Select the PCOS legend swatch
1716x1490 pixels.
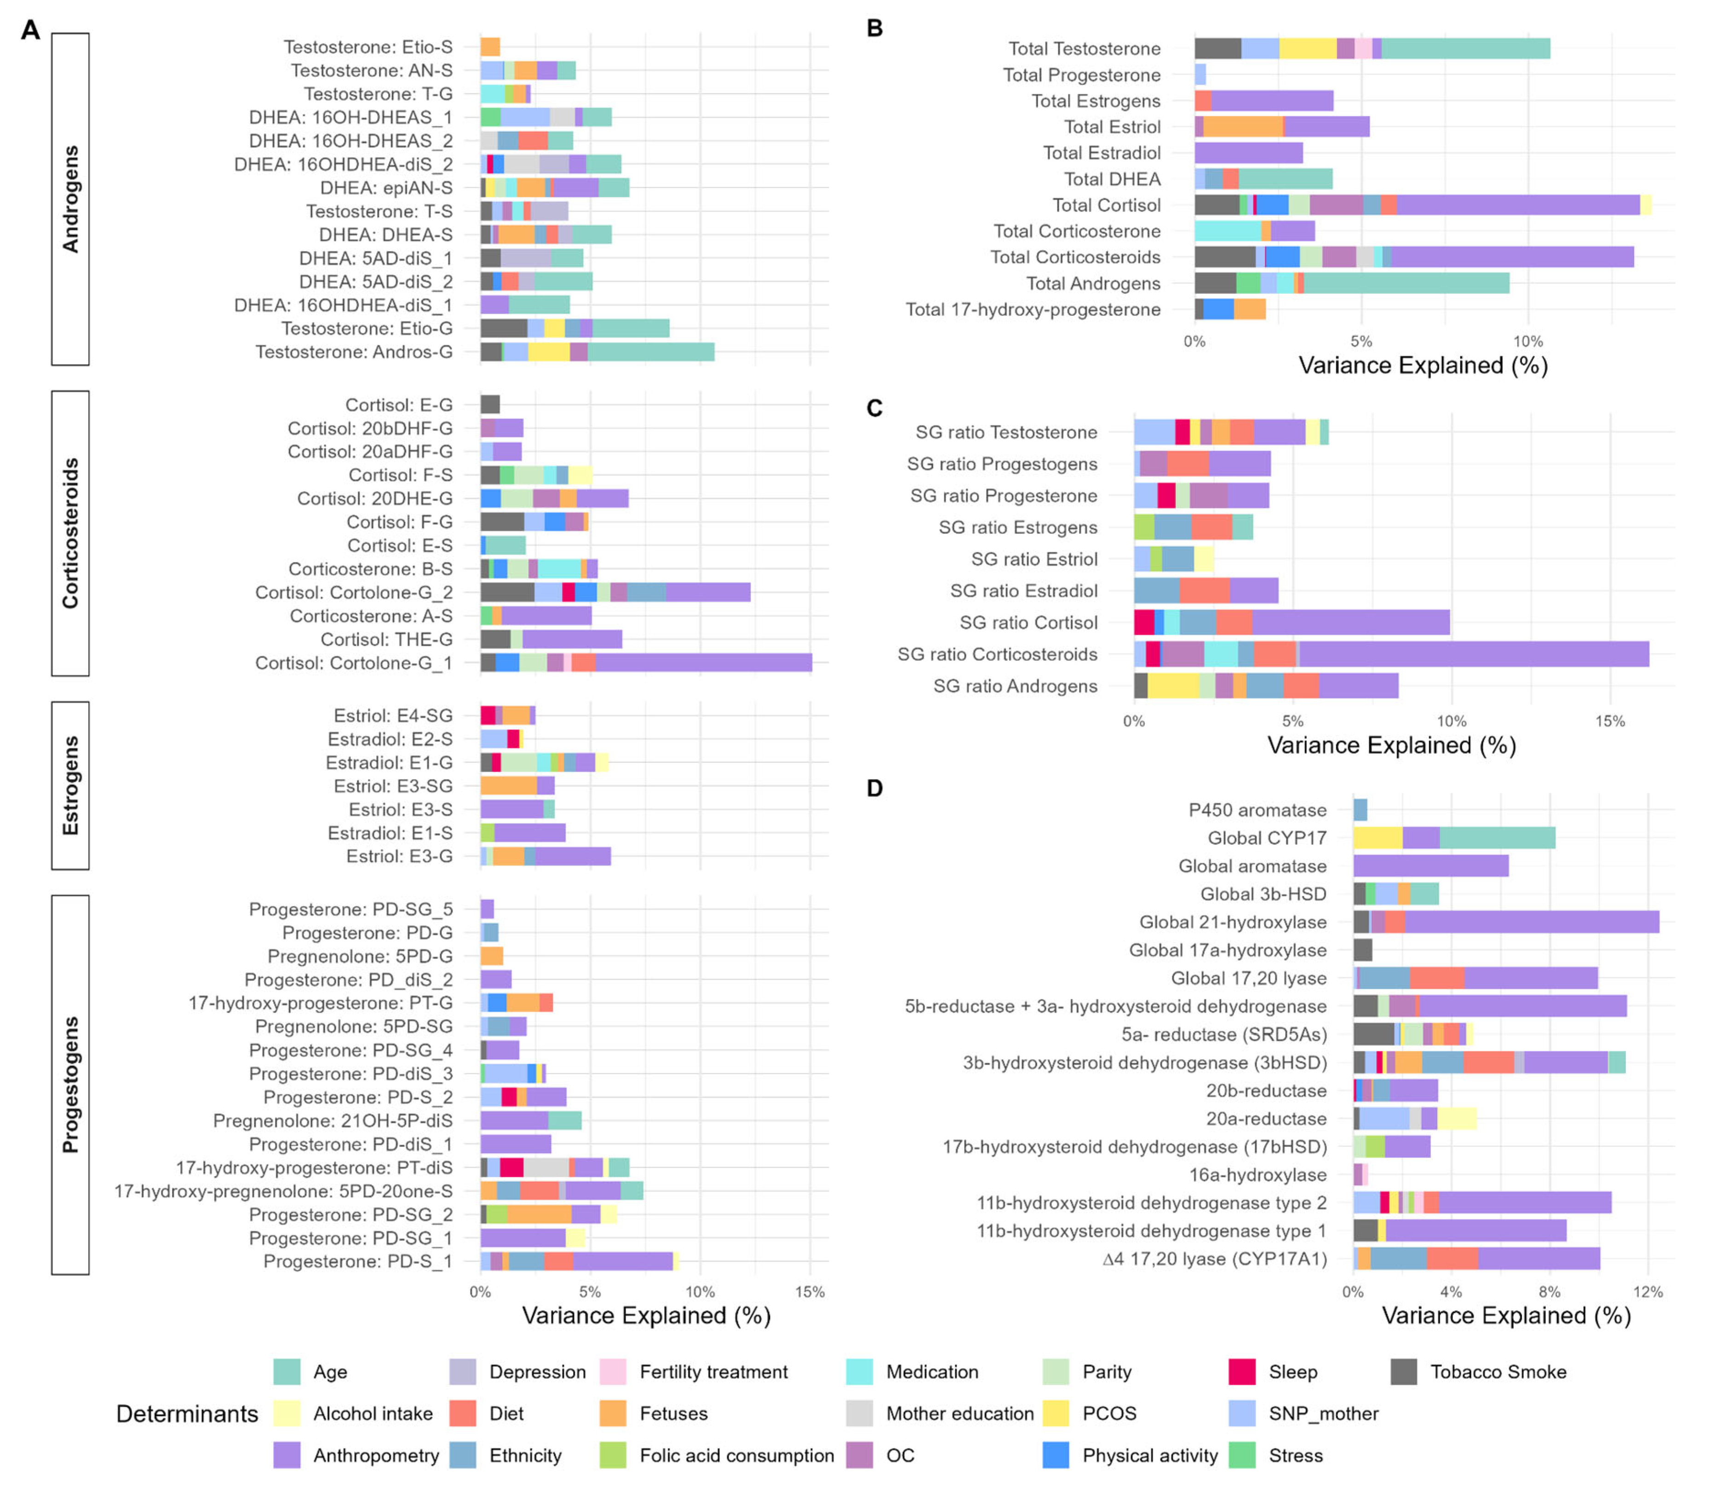point(1056,1414)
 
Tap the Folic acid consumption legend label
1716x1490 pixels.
point(737,1455)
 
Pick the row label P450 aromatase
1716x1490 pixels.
point(1257,810)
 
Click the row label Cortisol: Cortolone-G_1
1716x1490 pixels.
point(353,663)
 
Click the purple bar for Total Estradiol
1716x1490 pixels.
point(1248,153)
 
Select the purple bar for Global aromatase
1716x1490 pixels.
point(1430,866)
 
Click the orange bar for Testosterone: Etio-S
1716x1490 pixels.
point(490,46)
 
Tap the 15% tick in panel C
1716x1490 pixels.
point(1610,722)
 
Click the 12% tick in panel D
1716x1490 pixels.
point(1648,1292)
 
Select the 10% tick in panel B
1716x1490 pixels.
point(1528,342)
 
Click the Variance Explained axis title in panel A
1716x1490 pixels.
point(646,1315)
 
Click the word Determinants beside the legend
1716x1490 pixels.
point(187,1414)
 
